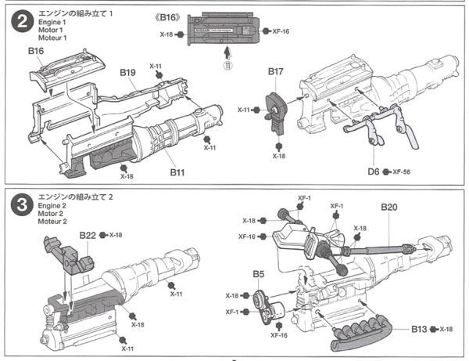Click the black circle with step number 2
click(x=19, y=23)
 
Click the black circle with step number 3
click(x=19, y=206)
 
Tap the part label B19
click(x=128, y=73)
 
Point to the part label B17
click(x=275, y=72)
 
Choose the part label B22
click(x=88, y=234)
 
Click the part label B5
click(x=258, y=276)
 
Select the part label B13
click(x=420, y=329)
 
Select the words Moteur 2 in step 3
click(x=54, y=221)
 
